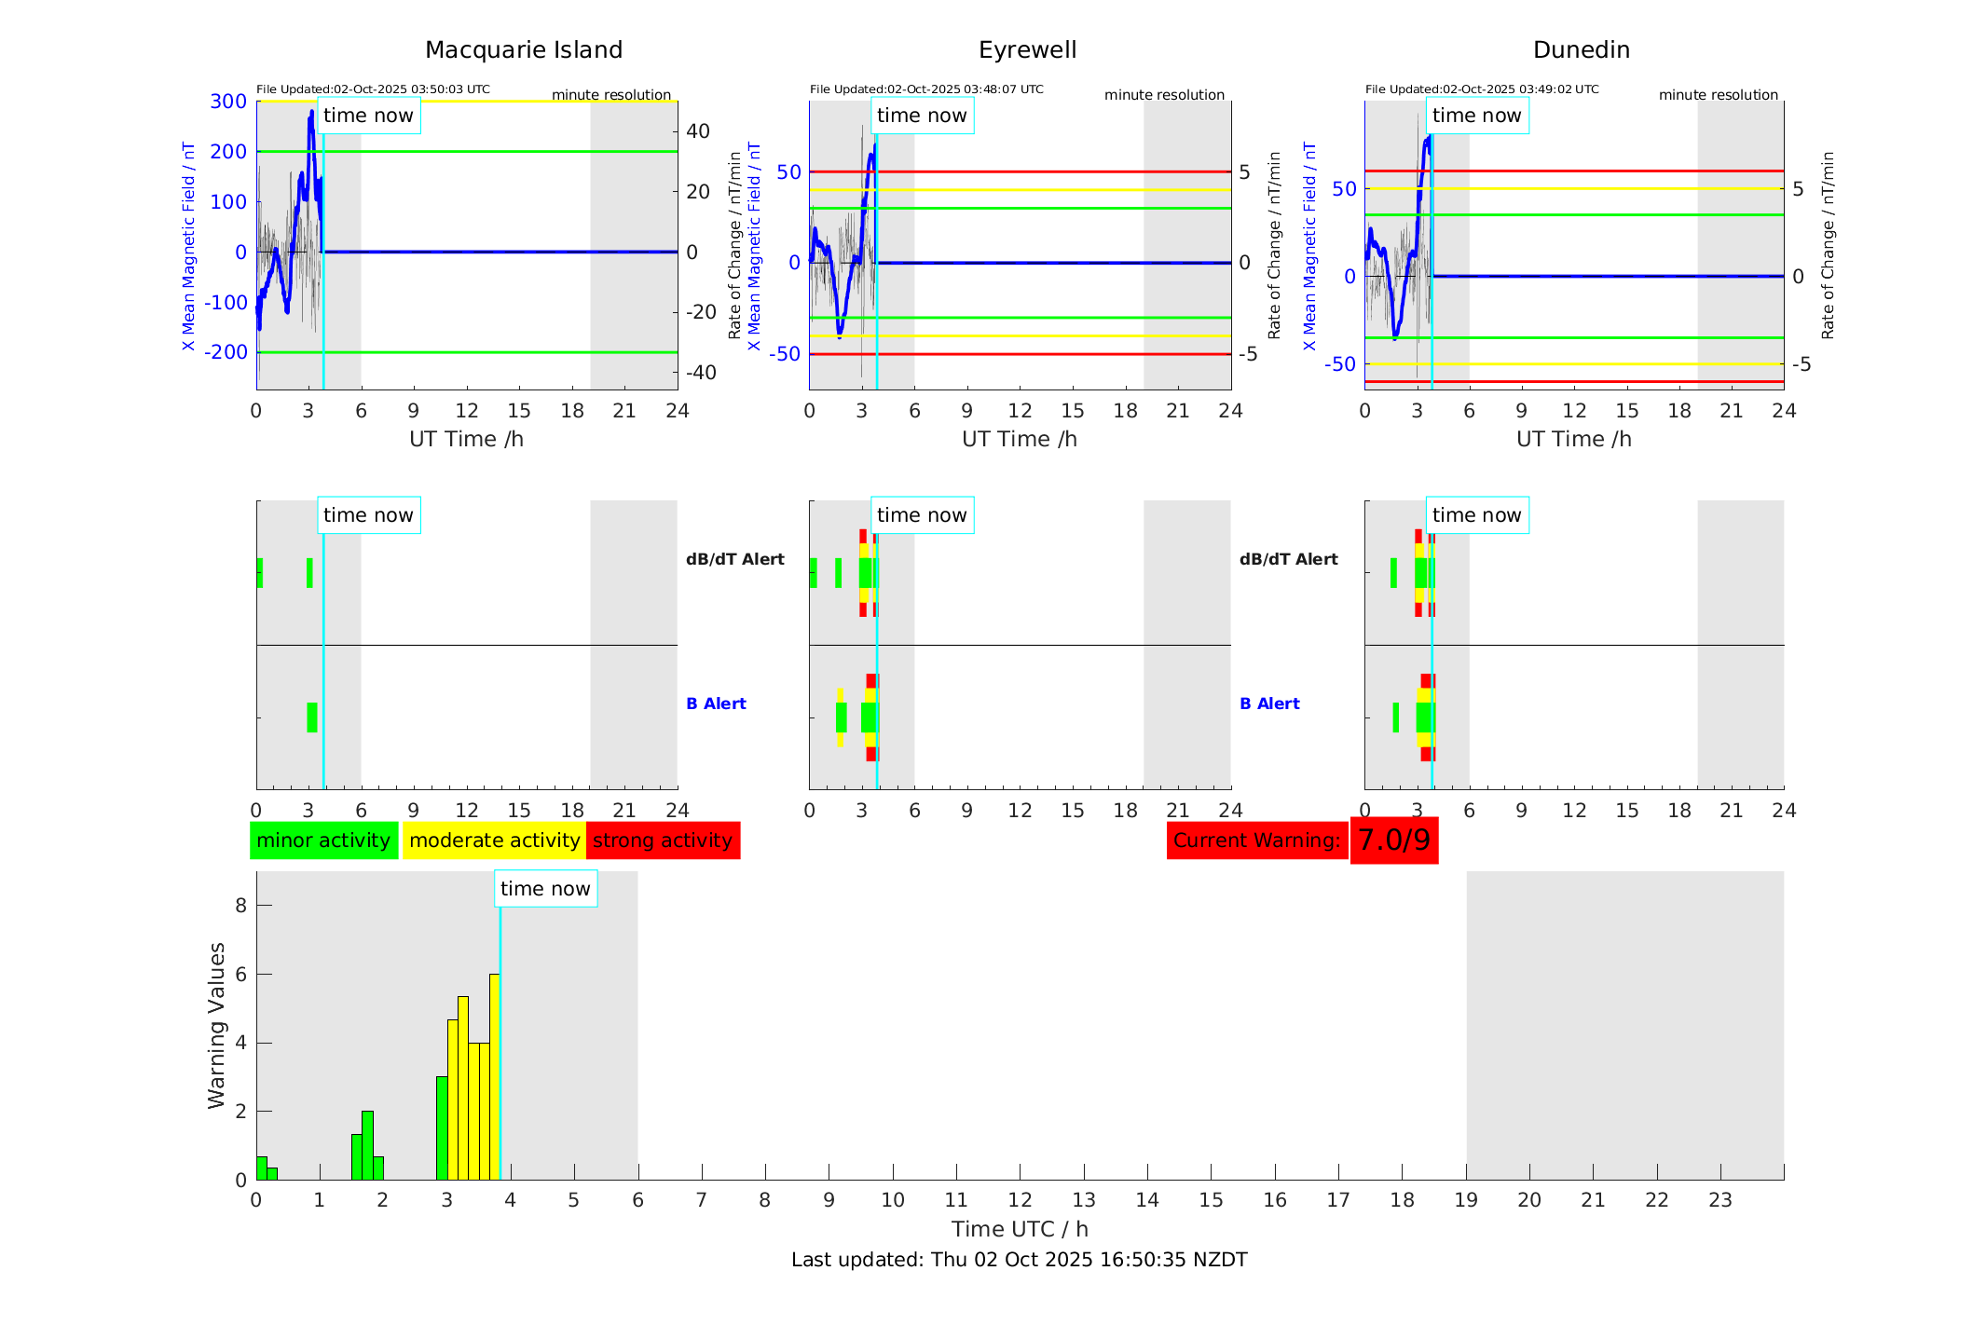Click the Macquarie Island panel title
coord(523,49)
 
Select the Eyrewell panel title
coord(1027,49)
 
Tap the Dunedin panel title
coord(1581,49)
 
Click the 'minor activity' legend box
coord(323,840)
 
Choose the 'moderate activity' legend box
coord(494,840)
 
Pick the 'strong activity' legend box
coord(663,840)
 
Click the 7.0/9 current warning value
coord(1393,840)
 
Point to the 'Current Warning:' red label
coord(1256,840)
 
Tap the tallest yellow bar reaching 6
coord(494,1076)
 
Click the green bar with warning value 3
coord(442,1127)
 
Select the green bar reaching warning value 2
coord(367,1145)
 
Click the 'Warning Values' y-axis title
coord(216,1025)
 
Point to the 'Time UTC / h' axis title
coord(1020,1229)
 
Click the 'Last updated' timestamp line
coord(1019,1260)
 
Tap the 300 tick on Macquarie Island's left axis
coord(228,102)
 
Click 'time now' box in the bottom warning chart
coord(545,889)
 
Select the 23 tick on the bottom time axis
coord(1720,1200)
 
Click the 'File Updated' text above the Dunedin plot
coord(1482,89)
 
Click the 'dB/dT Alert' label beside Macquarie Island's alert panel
coord(734,559)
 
